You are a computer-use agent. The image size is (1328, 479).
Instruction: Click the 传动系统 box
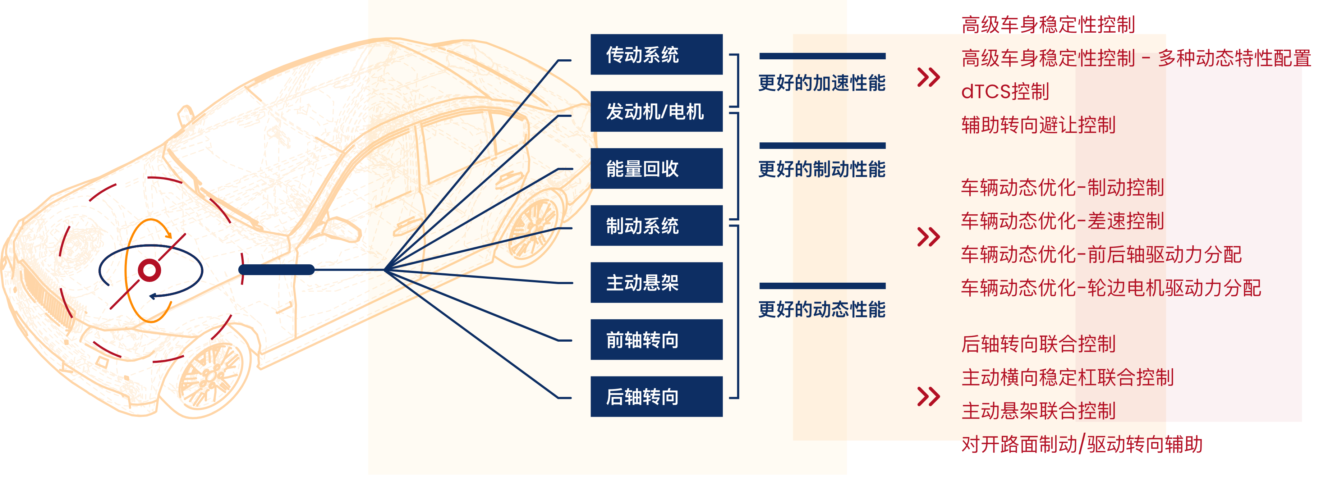pos(656,55)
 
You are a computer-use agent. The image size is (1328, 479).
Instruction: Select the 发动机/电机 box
pos(656,111)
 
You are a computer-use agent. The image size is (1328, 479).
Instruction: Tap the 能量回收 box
pos(656,169)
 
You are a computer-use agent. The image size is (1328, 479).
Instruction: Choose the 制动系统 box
pos(656,225)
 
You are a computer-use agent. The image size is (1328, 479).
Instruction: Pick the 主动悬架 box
pos(656,283)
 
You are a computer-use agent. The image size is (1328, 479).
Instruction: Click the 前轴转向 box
pos(656,340)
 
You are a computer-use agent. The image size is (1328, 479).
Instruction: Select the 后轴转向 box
pos(656,397)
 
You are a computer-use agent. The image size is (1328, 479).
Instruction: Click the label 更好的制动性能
pos(822,169)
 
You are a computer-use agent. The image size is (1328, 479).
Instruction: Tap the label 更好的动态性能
pos(822,309)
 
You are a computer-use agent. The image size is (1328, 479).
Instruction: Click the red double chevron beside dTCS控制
pos(928,77)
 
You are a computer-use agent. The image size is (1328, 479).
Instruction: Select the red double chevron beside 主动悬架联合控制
pos(928,397)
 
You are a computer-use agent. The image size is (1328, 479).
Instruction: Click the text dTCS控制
pos(1005,92)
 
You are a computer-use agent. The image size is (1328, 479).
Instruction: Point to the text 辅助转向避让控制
pos(1038,125)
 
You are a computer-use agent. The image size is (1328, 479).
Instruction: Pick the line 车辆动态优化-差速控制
pos(1062,221)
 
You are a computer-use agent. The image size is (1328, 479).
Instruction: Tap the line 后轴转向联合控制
pos(1038,344)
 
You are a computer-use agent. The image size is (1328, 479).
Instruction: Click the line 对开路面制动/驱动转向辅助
pos(1081,444)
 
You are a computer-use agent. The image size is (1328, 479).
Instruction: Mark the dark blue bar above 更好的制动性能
pos(822,146)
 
